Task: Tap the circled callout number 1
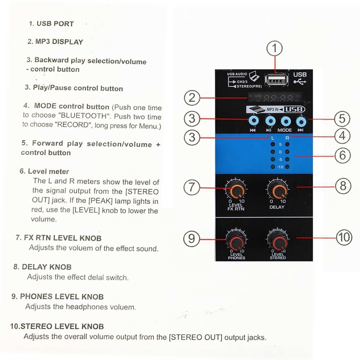coord(276,48)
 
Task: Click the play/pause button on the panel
coord(270,120)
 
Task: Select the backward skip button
coord(254,120)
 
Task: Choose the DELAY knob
coord(277,191)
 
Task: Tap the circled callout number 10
coord(344,237)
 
